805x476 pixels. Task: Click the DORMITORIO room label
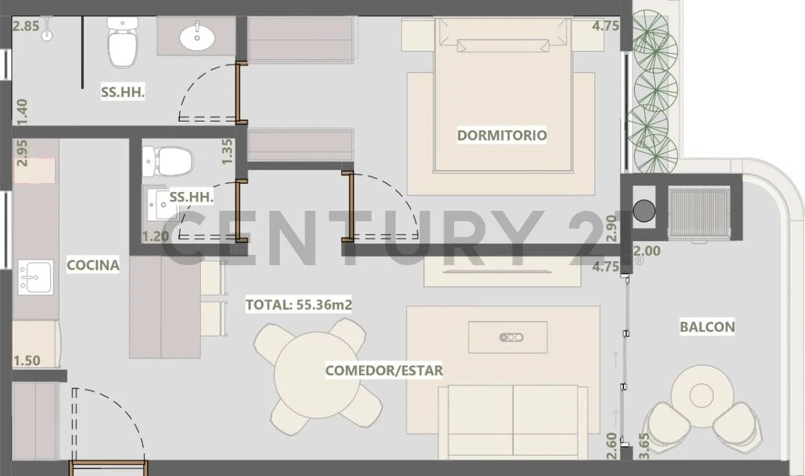click(502, 135)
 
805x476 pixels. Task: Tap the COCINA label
click(93, 265)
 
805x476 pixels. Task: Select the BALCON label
click(707, 327)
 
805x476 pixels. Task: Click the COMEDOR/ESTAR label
click(384, 371)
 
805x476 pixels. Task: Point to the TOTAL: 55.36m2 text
click(299, 305)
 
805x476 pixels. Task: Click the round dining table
click(317, 375)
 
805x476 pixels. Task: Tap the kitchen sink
click(36, 277)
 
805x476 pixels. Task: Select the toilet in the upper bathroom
click(123, 42)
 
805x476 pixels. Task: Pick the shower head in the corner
click(47, 30)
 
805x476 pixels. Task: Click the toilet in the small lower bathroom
click(168, 162)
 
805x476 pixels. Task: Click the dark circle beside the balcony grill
click(644, 211)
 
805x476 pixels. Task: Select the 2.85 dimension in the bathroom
click(25, 26)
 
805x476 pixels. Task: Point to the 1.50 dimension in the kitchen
click(27, 361)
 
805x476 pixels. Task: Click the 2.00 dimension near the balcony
click(647, 251)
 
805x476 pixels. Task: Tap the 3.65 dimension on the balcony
click(645, 446)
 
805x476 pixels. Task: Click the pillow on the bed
click(503, 46)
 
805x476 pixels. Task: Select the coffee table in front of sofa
click(508, 338)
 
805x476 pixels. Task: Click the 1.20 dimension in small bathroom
click(156, 236)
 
